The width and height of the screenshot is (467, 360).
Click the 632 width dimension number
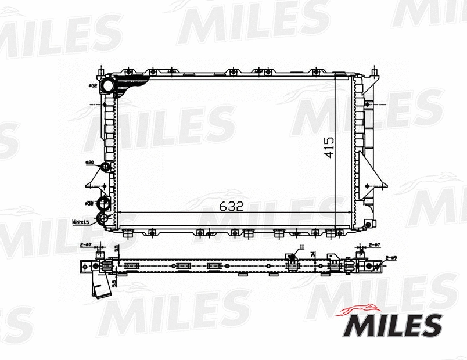tap(231, 206)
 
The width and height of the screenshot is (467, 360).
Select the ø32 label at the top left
tap(92, 86)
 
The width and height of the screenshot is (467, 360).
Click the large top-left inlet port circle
tap(107, 86)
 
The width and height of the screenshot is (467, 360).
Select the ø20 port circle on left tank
tap(106, 168)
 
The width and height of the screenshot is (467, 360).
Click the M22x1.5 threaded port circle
tap(102, 218)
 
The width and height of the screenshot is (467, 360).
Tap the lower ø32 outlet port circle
tap(103, 204)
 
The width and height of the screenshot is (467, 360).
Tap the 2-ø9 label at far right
tap(390, 258)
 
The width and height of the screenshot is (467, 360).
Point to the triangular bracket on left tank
tap(94, 177)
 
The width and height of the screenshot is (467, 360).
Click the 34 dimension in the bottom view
tap(313, 253)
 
